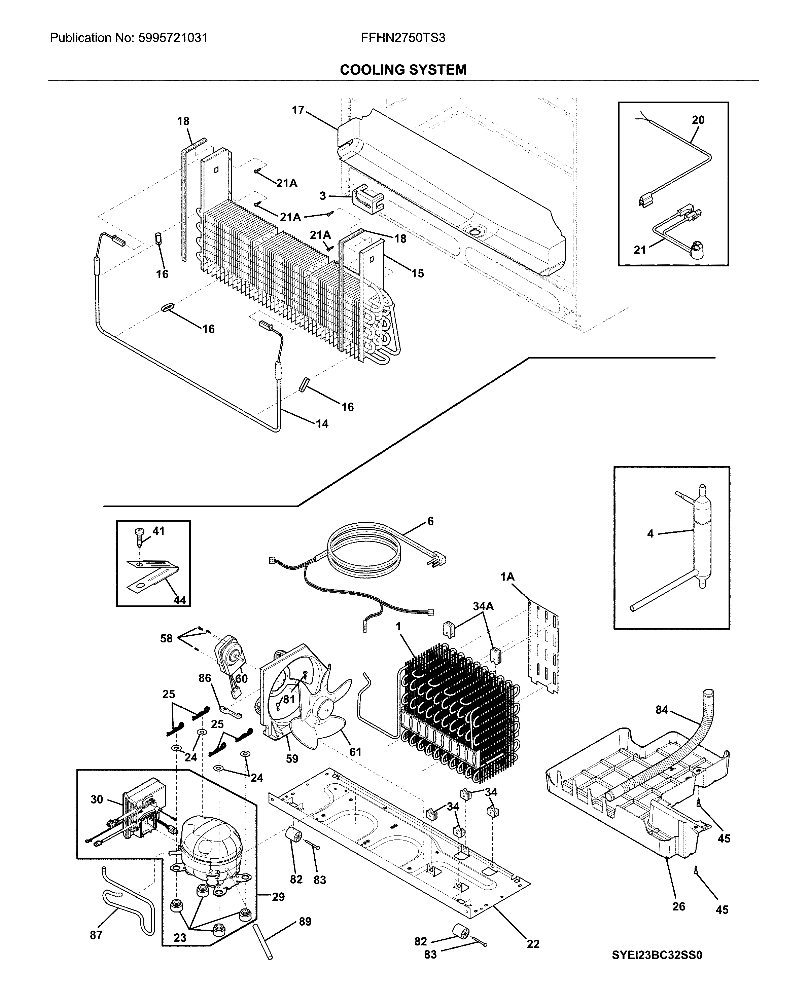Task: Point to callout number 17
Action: pos(298,110)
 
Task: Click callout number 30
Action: pos(97,799)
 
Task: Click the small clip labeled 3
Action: pos(367,199)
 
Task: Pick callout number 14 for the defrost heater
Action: pos(322,424)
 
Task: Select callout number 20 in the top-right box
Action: pos(698,120)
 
